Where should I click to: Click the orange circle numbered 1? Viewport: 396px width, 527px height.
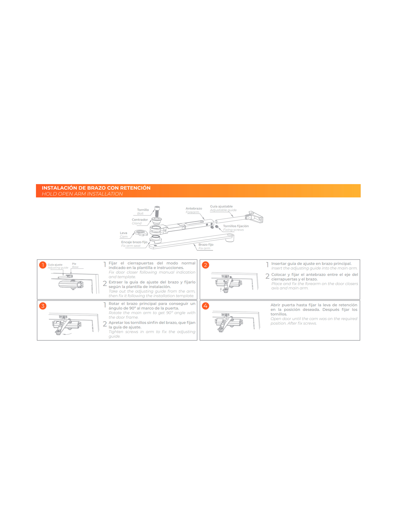pyautogui.click(x=43, y=265)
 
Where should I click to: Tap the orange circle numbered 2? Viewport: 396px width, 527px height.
pyautogui.click(x=205, y=265)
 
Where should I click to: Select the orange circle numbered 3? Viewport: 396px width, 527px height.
pyautogui.click(x=43, y=306)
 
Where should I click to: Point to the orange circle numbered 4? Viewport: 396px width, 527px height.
pyautogui.click(x=205, y=306)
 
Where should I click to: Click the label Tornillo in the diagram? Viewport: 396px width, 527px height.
pyautogui.click(x=143, y=209)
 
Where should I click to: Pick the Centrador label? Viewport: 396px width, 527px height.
pyautogui.click(x=140, y=219)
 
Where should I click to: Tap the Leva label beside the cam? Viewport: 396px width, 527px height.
pyautogui.click(x=123, y=233)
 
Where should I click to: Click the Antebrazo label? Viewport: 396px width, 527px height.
pyautogui.click(x=194, y=208)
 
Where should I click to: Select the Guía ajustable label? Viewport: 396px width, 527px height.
pyautogui.click(x=221, y=206)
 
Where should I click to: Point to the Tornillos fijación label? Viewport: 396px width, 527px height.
pyautogui.click(x=236, y=226)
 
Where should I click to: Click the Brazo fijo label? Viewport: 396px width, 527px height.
pyautogui.click(x=206, y=244)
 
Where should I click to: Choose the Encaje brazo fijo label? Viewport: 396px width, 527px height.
pyautogui.click(x=134, y=242)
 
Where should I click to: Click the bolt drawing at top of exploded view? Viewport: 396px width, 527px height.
pyautogui.click(x=157, y=211)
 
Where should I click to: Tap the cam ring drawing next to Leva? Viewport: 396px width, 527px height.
pyautogui.click(x=141, y=233)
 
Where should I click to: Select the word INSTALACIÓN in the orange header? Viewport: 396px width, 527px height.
pyautogui.click(x=59, y=188)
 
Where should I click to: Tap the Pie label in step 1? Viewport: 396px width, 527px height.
pyautogui.click(x=74, y=263)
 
